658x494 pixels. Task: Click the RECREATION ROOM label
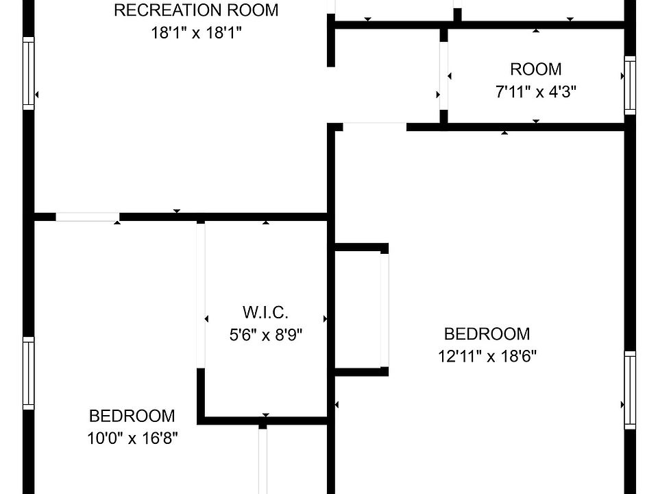196,10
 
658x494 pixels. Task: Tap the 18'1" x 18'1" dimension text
196,33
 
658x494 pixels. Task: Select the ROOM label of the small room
535,69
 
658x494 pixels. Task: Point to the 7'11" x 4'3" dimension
535,92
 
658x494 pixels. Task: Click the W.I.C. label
265,313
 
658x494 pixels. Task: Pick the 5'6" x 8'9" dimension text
265,335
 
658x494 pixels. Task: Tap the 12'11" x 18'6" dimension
487,356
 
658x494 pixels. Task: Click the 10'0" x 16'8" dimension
132,438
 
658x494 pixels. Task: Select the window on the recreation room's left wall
28,73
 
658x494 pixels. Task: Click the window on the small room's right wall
629,86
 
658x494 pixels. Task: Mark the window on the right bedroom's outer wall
629,390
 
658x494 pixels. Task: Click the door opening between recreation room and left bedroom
87,217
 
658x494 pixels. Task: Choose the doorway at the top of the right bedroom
374,127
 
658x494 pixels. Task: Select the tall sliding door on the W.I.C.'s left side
201,295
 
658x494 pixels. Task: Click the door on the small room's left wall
443,75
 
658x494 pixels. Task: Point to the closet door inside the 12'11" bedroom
385,309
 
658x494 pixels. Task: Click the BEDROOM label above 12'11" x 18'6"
487,334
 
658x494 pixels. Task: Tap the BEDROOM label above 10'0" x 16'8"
132,416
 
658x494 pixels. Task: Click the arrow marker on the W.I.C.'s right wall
325,318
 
